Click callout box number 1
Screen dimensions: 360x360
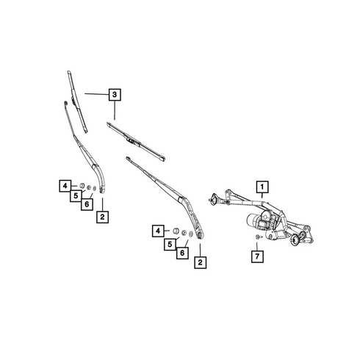tap(262, 187)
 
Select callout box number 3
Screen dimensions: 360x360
tap(115, 94)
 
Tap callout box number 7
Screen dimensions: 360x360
tap(257, 256)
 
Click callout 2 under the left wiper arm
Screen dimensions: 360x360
tap(102, 217)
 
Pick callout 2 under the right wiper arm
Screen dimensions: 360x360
tap(201, 262)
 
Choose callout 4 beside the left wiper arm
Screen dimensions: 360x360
tap(65, 186)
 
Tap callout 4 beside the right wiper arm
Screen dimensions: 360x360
tap(158, 231)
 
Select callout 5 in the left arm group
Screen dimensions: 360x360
tap(76, 195)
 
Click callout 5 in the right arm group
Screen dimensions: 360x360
tap(170, 244)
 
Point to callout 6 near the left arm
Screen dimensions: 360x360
tap(87, 204)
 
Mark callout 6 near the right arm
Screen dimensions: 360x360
tap(182, 253)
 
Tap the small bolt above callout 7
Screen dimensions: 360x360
tap(258, 237)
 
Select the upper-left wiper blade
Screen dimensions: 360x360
tap(77, 101)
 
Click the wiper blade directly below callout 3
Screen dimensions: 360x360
tap(136, 142)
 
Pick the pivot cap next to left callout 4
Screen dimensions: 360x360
tap(82, 186)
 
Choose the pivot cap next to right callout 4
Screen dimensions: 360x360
tap(176, 231)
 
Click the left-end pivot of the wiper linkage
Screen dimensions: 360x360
tap(214, 199)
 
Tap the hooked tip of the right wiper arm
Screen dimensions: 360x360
tap(128, 159)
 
